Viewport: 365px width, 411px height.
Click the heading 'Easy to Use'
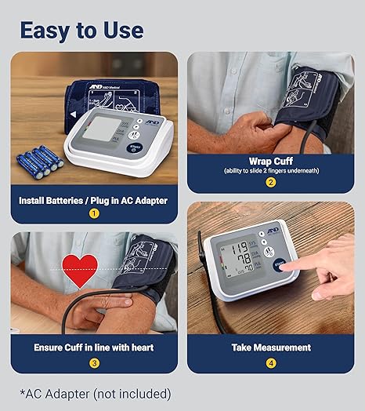click(81, 30)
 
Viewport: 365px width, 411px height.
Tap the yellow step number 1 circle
click(94, 213)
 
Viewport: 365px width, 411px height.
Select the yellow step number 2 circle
click(271, 183)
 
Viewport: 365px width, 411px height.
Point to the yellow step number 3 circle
click(94, 362)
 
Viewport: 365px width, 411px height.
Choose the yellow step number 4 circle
click(271, 362)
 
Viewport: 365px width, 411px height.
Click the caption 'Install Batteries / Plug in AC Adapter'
click(94, 199)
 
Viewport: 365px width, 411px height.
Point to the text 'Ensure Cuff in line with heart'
click(94, 347)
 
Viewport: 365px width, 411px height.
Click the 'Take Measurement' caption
click(271, 347)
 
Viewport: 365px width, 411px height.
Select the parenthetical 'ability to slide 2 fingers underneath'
click(271, 171)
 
